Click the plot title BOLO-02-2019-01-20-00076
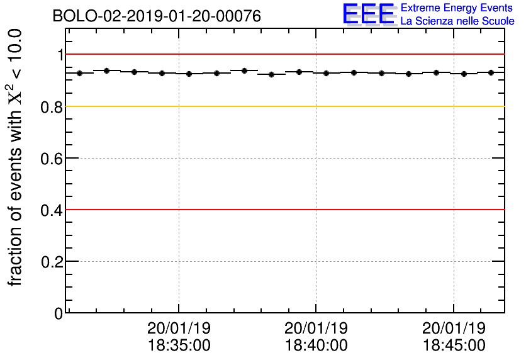[x=157, y=16]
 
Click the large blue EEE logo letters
[x=369, y=14]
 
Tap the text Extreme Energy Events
[x=457, y=8]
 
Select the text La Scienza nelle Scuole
[x=457, y=21]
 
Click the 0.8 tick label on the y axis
[x=52, y=107]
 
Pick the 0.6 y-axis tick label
[x=52, y=159]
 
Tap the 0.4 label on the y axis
[x=52, y=210]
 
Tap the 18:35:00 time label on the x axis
[x=179, y=345]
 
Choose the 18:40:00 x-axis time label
[x=316, y=345]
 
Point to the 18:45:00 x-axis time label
[x=454, y=345]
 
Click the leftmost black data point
[x=80, y=73]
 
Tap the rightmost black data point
[x=491, y=72]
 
